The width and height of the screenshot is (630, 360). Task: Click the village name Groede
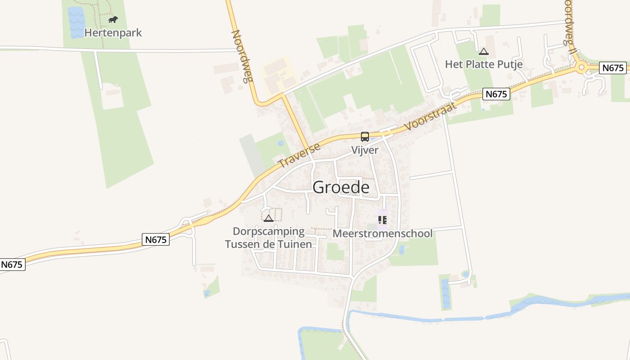pyautogui.click(x=341, y=187)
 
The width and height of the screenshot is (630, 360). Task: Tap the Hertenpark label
pyautogui.click(x=113, y=33)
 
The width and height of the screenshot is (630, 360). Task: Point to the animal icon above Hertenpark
pyautogui.click(x=113, y=20)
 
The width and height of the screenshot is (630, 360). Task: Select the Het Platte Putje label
pyautogui.click(x=484, y=64)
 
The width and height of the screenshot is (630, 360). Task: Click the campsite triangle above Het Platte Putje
pyautogui.click(x=484, y=52)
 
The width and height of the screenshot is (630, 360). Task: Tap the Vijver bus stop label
pyautogui.click(x=364, y=150)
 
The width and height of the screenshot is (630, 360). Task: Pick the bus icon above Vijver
pyautogui.click(x=364, y=137)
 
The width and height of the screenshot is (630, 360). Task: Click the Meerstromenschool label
pyautogui.click(x=382, y=234)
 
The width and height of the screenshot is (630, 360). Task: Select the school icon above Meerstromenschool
pyautogui.click(x=382, y=220)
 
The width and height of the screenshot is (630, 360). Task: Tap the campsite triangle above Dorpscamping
pyautogui.click(x=269, y=219)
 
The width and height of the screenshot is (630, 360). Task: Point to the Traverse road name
pyautogui.click(x=299, y=155)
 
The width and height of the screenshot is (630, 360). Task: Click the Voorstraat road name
pyautogui.click(x=431, y=116)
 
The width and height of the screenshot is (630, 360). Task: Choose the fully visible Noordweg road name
pyautogui.click(x=242, y=57)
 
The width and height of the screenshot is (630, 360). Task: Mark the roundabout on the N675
pyautogui.click(x=581, y=68)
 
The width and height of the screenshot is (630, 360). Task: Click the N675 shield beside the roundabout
pyautogui.click(x=613, y=68)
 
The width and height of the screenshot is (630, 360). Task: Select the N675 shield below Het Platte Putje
pyautogui.click(x=497, y=94)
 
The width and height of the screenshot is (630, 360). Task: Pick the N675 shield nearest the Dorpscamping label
pyautogui.click(x=156, y=240)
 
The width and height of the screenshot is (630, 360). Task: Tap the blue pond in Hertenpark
pyautogui.click(x=76, y=22)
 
